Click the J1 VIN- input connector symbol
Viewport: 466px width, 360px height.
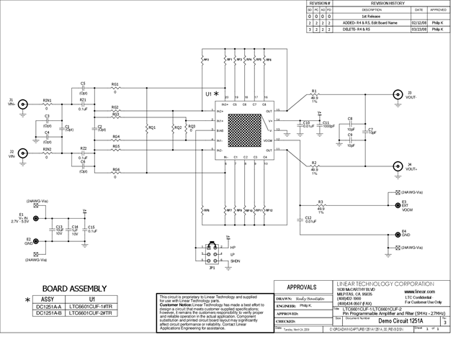23,104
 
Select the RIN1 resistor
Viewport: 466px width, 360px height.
48,105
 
